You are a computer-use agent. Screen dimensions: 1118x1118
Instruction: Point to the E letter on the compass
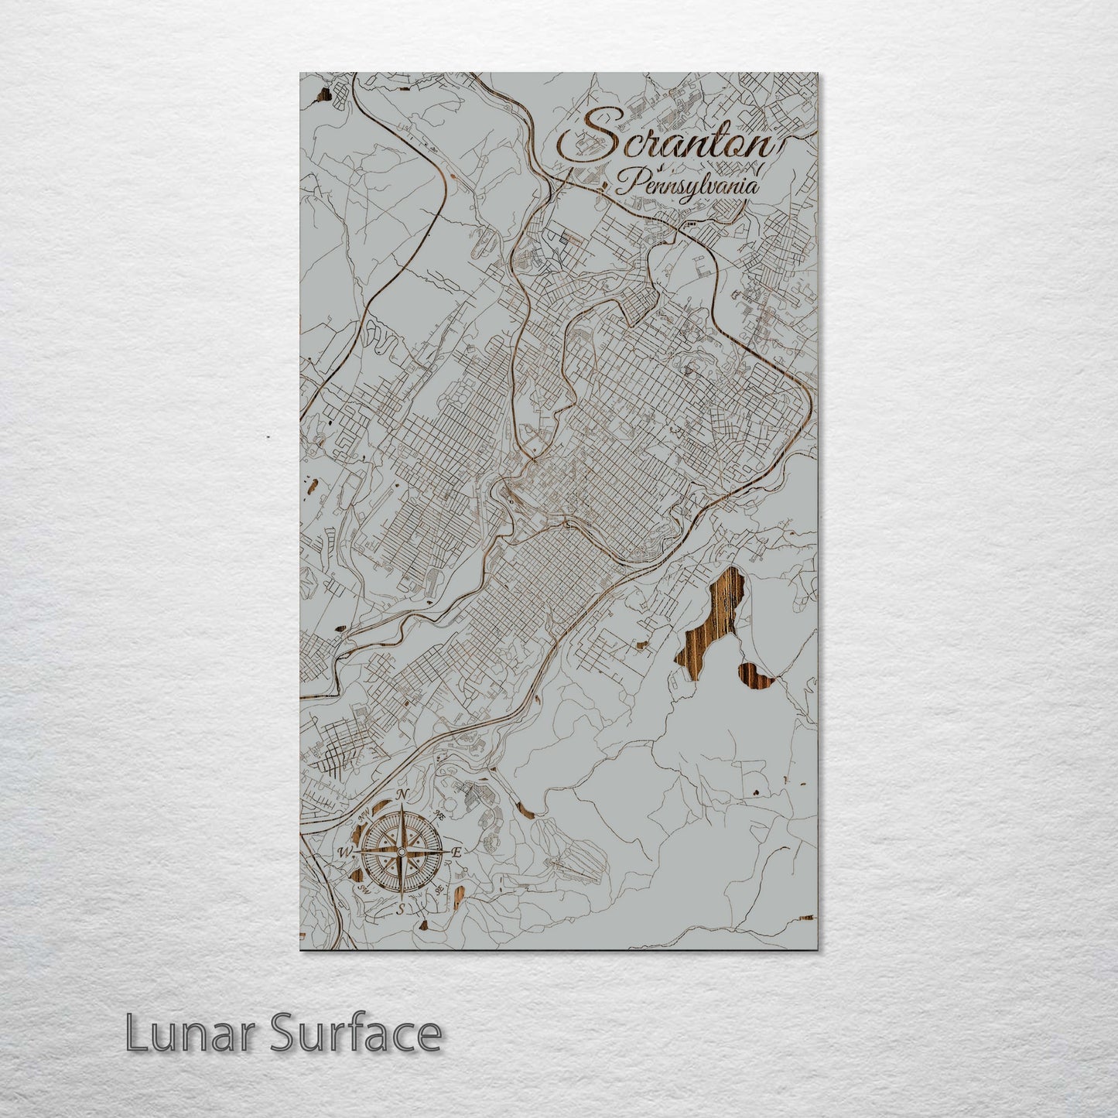click(x=456, y=852)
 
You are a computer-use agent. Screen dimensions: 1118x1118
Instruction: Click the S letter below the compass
click(x=400, y=910)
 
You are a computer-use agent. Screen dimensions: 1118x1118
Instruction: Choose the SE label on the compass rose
click(x=439, y=890)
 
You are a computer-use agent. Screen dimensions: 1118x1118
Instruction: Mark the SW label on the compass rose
click(x=362, y=891)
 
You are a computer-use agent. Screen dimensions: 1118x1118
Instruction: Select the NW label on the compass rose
click(x=363, y=815)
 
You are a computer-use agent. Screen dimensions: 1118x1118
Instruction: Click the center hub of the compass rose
click(x=400, y=852)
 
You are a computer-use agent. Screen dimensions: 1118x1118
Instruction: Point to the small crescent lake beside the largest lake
click(x=757, y=675)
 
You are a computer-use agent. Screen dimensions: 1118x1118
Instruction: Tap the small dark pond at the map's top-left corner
click(x=321, y=96)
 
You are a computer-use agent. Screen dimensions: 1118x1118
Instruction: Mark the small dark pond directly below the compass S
click(x=424, y=923)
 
